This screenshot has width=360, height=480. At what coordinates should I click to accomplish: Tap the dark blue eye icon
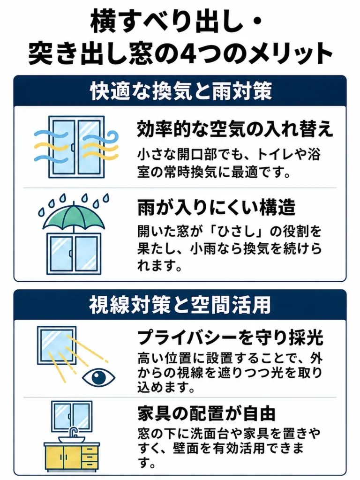[98, 377]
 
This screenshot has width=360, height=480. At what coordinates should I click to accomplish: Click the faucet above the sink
[72, 432]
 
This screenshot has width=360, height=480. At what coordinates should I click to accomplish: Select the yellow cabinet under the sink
[72, 457]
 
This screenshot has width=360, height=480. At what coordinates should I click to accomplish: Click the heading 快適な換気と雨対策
[181, 91]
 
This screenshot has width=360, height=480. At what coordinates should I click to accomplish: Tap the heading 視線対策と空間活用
[180, 305]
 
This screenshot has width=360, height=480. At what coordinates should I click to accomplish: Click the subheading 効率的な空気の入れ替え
[235, 129]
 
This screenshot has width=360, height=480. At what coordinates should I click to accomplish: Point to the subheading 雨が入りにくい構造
[217, 208]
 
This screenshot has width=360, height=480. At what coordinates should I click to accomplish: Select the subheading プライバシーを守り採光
[230, 337]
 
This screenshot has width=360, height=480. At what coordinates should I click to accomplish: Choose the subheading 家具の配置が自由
[207, 413]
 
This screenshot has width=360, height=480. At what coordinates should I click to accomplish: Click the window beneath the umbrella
[74, 254]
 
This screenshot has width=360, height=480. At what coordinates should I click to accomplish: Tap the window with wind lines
[76, 147]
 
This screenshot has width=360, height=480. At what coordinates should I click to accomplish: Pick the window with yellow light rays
[57, 345]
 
